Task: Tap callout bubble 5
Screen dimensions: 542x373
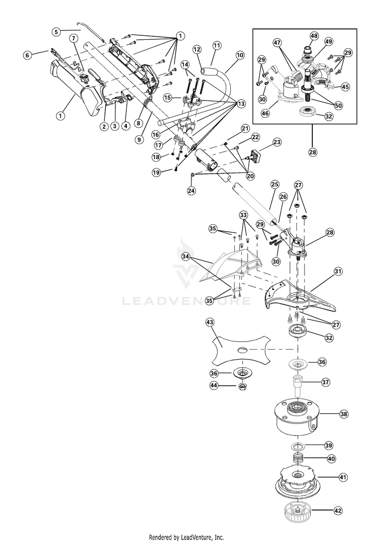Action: [56, 31]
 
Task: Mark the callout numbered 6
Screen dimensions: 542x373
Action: [27, 55]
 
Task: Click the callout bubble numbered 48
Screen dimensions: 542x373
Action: [314, 36]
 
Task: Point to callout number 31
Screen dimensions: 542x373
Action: [338, 271]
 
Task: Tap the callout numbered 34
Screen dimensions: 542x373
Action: [186, 257]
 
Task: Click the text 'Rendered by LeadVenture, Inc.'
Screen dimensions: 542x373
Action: [186, 537]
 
